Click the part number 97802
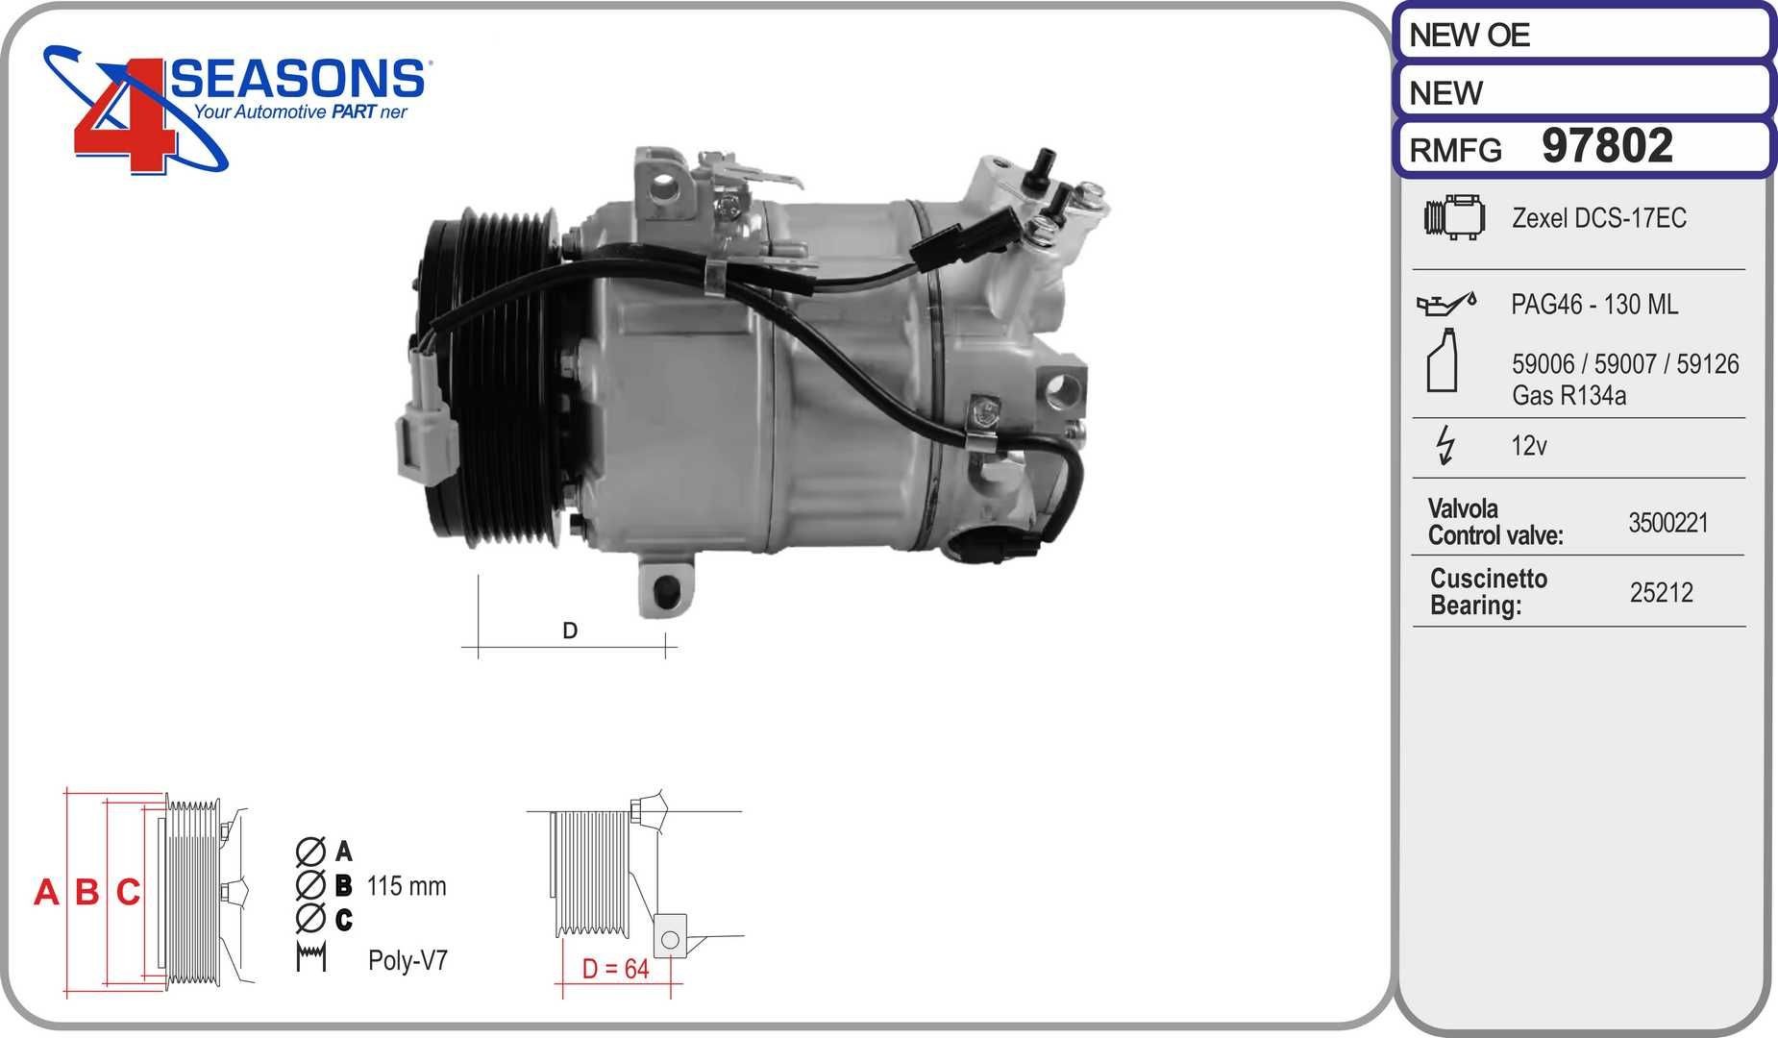(x=1607, y=147)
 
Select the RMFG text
(x=1455, y=151)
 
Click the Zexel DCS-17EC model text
(x=1598, y=218)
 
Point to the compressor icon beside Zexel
(x=1454, y=217)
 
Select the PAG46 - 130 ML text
(x=1594, y=305)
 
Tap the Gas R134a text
(x=1568, y=395)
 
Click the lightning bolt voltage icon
(x=1445, y=446)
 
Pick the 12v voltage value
(x=1528, y=446)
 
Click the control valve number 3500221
(x=1667, y=523)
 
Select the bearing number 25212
(x=1661, y=593)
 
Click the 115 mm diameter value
(x=407, y=885)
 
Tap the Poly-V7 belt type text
(x=407, y=960)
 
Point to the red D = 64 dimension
(x=615, y=969)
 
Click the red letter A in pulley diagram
(x=45, y=893)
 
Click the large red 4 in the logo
(x=125, y=125)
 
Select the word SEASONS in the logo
(x=298, y=79)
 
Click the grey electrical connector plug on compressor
(x=423, y=446)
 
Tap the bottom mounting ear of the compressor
(x=663, y=588)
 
